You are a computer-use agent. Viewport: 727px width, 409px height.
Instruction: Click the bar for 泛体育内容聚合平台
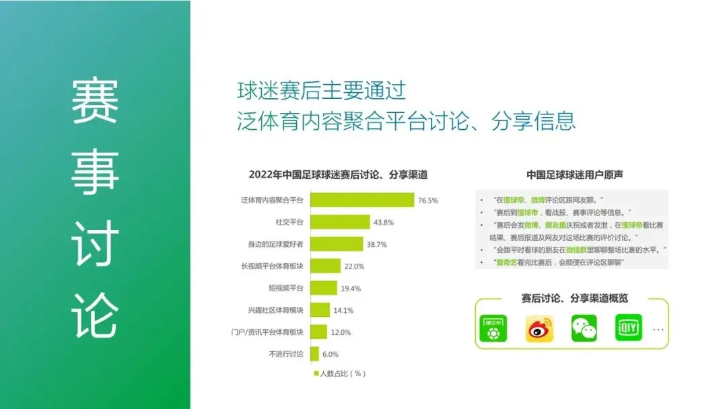click(361, 200)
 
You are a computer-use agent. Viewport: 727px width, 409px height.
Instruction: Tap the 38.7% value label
click(376, 244)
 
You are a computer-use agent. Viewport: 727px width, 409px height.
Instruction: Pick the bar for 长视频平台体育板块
click(325, 266)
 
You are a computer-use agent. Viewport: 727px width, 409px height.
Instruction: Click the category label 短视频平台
click(286, 288)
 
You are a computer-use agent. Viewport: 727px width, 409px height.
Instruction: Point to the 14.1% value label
click(343, 310)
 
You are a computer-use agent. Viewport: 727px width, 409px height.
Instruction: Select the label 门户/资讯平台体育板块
click(267, 332)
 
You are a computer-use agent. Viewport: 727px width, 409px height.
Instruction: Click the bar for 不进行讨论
click(314, 354)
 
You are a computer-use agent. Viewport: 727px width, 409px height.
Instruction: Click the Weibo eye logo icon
click(539, 328)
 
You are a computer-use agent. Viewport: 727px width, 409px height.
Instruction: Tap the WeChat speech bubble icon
click(584, 328)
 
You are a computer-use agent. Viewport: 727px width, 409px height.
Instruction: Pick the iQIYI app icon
click(629, 328)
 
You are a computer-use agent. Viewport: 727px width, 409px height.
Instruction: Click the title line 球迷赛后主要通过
click(321, 90)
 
